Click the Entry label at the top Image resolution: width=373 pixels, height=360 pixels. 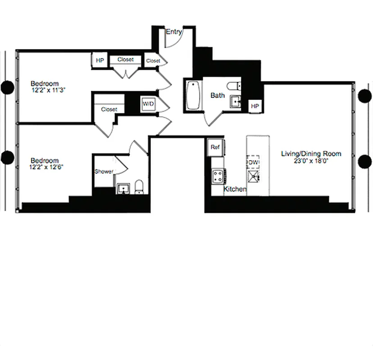(174, 32)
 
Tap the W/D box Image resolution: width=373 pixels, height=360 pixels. (147, 104)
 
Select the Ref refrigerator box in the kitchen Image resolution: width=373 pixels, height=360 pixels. (215, 147)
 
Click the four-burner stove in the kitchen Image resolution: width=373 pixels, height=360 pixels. (219, 175)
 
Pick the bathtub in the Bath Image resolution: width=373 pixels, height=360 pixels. (192, 95)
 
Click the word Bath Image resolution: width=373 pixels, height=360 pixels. (218, 95)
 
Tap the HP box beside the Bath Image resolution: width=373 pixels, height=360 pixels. (255, 106)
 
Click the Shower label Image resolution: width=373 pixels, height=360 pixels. (104, 171)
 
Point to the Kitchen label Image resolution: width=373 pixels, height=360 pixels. (235, 189)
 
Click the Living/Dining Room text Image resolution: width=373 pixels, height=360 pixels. (311, 154)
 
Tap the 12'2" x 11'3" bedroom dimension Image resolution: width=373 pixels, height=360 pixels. (48, 90)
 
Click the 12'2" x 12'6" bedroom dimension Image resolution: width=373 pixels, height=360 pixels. (48, 167)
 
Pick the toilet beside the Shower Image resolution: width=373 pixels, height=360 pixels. (139, 187)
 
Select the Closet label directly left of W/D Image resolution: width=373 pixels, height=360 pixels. (109, 109)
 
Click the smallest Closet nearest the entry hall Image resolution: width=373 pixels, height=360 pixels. (152, 61)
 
